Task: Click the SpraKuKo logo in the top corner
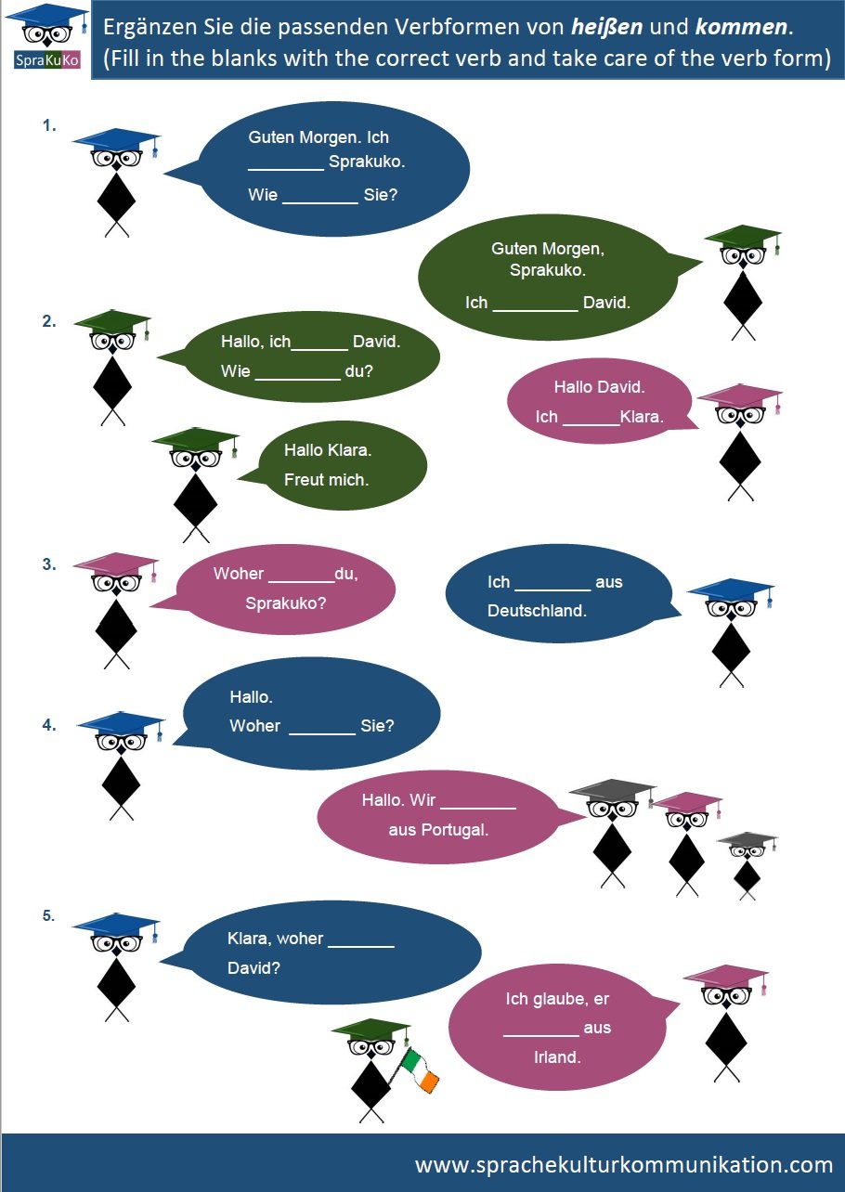point(46,38)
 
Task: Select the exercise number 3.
point(49,564)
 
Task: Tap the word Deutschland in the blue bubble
point(537,611)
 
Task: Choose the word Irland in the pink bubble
point(557,1056)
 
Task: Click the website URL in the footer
point(624,1164)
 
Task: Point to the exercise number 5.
point(49,916)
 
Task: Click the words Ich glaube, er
point(557,999)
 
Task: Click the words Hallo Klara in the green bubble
point(328,451)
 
